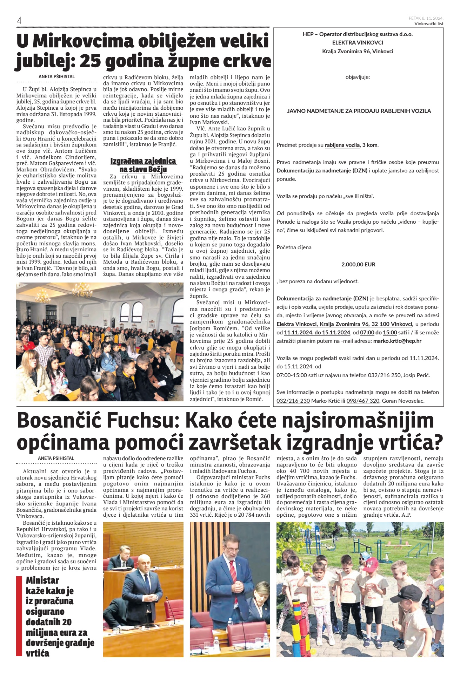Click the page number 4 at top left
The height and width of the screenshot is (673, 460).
[19, 21]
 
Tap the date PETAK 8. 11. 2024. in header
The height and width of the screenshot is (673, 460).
[426, 18]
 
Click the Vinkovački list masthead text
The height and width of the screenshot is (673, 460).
[429, 24]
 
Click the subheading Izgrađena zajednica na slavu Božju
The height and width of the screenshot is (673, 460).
[143, 165]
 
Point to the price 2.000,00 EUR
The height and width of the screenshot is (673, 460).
[358, 265]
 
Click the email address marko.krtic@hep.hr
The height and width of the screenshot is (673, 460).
[397, 341]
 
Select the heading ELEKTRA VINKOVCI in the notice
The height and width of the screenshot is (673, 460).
[358, 43]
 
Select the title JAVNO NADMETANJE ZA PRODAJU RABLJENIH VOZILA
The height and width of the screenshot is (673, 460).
[359, 111]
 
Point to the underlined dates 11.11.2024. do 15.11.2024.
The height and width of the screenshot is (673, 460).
[317, 333]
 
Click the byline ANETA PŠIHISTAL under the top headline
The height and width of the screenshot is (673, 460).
[57, 76]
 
